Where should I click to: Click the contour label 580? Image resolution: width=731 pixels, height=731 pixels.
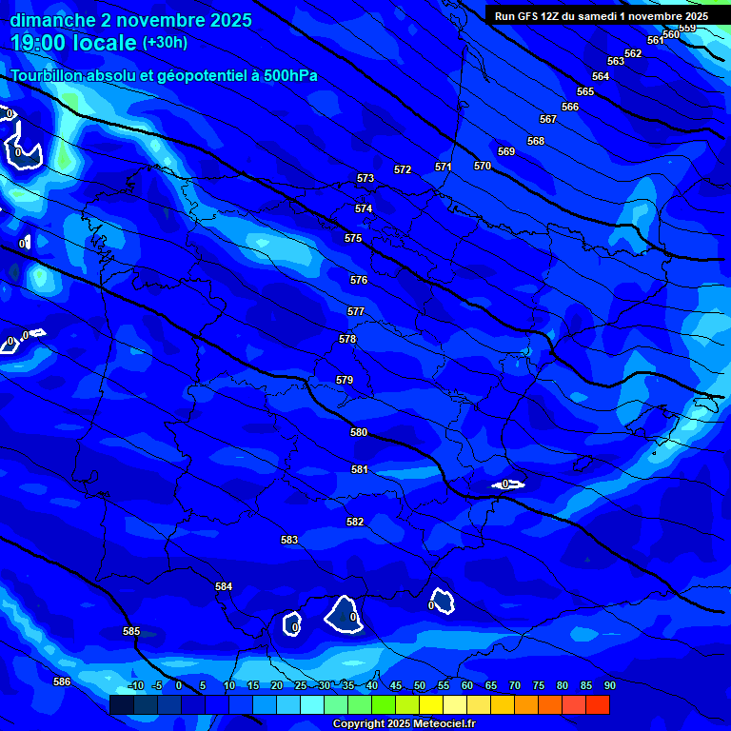point(359,432)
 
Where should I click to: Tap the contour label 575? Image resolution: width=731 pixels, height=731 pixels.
point(353,238)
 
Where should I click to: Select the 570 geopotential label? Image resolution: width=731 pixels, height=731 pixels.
point(483,166)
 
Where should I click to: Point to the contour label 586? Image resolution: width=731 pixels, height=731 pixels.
point(62,682)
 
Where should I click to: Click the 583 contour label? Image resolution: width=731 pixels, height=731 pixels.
point(289,540)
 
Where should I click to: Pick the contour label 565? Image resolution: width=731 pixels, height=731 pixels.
point(585,91)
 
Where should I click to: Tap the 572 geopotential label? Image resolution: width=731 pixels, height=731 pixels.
point(403,169)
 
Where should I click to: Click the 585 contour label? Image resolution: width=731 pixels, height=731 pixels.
point(131,631)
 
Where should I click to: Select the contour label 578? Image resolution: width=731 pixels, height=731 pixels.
point(347,339)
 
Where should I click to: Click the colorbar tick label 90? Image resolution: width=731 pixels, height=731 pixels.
point(609,685)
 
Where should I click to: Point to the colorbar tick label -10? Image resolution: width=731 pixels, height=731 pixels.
point(136,685)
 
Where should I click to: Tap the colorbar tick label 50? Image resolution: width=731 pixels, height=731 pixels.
point(419,685)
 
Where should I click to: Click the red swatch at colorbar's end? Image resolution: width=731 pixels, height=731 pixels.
point(598,704)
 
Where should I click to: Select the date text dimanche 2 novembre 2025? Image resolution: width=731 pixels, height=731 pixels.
point(131,20)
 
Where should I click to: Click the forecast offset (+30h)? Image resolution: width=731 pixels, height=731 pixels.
point(165,43)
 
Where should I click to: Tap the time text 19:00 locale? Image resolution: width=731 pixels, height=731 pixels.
point(73,43)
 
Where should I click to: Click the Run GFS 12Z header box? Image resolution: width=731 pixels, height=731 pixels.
point(601,16)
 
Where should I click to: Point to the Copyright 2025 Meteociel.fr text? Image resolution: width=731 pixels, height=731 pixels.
point(404,723)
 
